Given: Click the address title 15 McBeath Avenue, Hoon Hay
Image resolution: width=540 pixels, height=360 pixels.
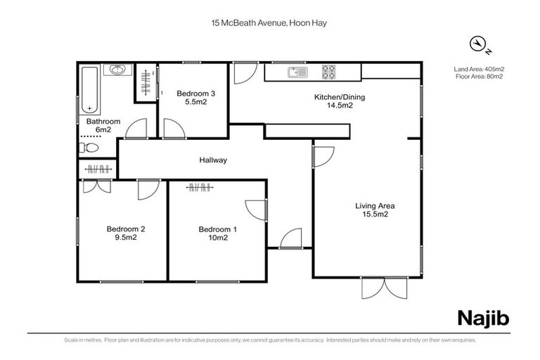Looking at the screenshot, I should (x=270, y=23).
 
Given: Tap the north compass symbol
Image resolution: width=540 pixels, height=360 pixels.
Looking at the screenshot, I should (x=478, y=45).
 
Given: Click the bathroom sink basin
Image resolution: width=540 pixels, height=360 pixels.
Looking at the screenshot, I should (x=116, y=70).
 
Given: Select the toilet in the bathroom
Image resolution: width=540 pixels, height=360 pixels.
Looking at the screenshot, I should (x=89, y=148).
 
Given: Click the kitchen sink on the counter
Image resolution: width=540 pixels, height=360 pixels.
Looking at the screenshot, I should (x=295, y=72).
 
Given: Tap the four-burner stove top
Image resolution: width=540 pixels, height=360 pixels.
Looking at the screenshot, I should (x=329, y=72).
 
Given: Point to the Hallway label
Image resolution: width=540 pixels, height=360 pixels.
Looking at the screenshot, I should (x=213, y=160).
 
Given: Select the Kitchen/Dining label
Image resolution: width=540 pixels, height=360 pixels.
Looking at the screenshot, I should (x=339, y=101).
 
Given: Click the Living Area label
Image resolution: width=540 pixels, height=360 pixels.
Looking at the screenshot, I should (x=375, y=210).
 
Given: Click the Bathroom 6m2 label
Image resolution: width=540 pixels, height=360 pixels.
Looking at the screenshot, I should (x=103, y=125).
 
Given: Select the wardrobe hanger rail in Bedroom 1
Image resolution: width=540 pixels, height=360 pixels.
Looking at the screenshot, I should (x=200, y=187).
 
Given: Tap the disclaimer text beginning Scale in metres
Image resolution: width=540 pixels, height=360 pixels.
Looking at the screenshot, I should (x=270, y=340).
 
